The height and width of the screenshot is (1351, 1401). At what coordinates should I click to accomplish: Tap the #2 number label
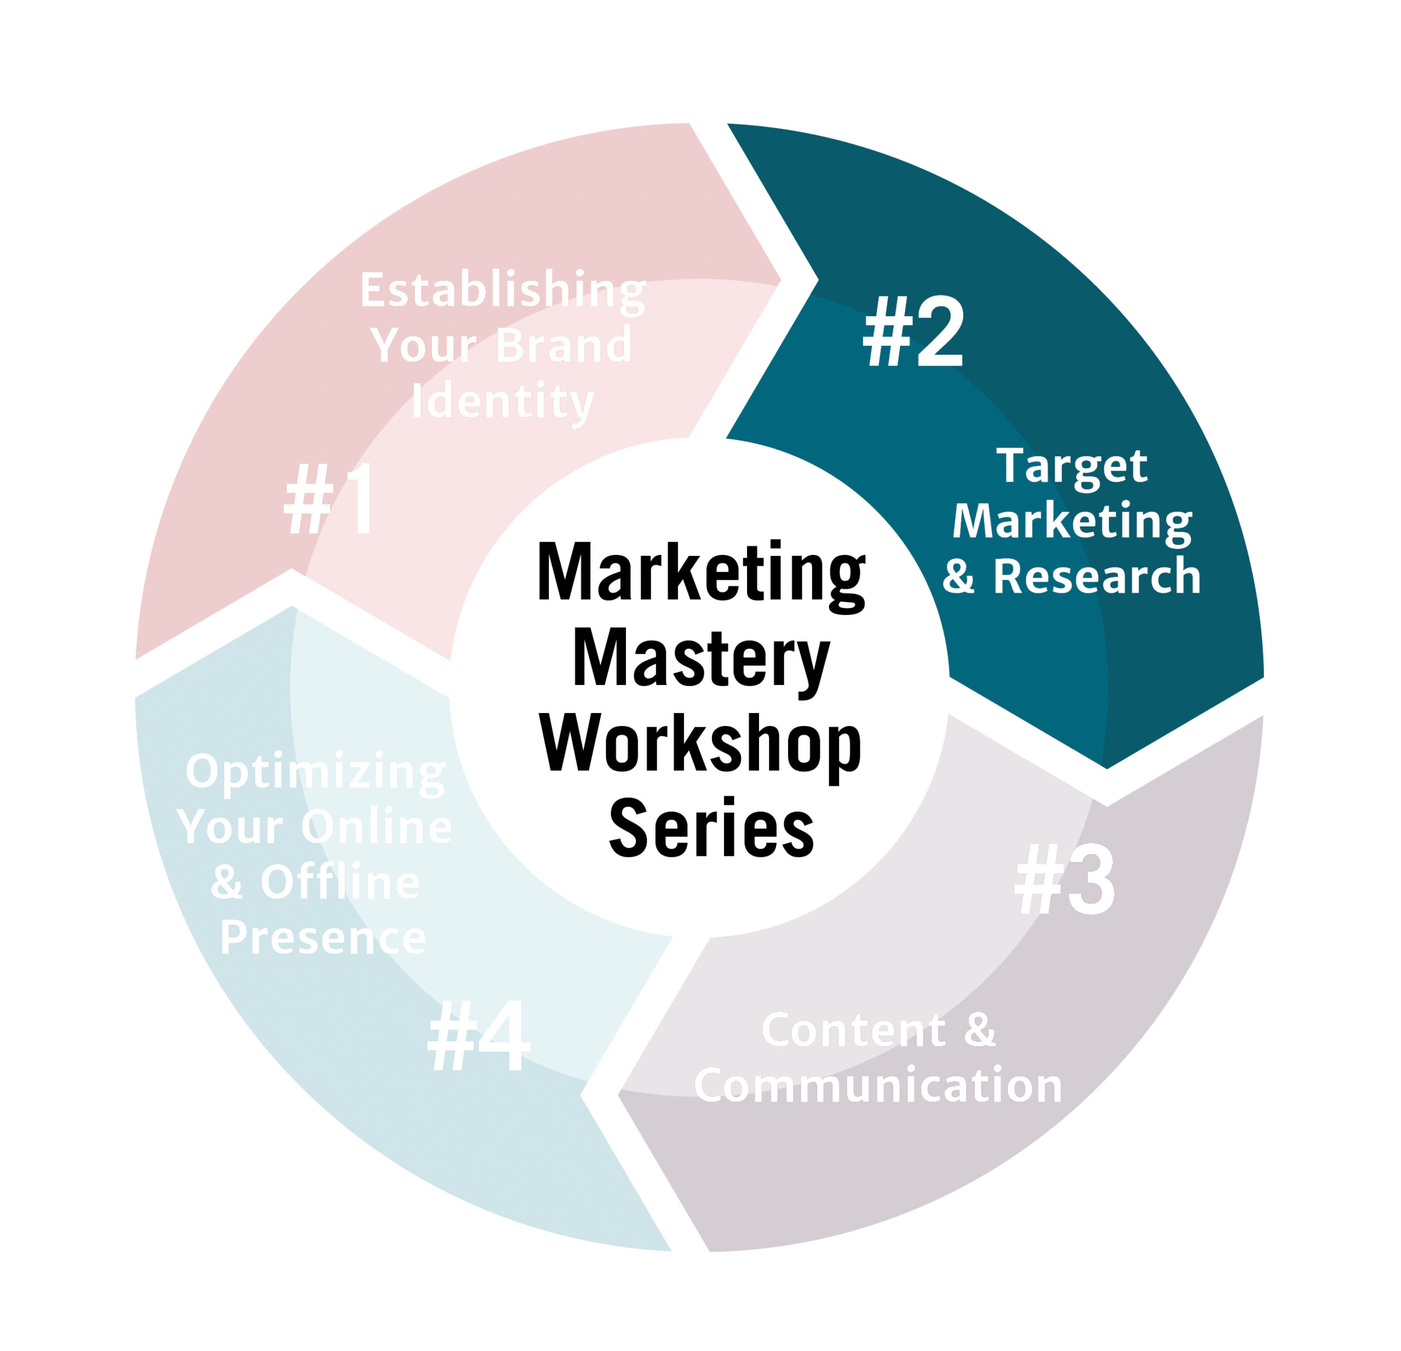tap(913, 332)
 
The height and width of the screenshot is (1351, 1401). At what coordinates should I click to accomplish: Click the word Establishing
tap(502, 291)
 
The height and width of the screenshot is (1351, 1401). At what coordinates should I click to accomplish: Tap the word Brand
tap(563, 345)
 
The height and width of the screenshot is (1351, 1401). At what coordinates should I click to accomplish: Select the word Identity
tap(502, 402)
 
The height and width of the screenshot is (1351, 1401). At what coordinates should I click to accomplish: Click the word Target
tap(1072, 466)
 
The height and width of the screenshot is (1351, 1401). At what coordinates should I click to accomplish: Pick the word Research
tap(1097, 577)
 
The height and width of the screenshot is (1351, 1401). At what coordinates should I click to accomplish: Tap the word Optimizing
tap(315, 773)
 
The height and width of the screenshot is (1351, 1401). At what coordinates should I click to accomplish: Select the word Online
tap(376, 827)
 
